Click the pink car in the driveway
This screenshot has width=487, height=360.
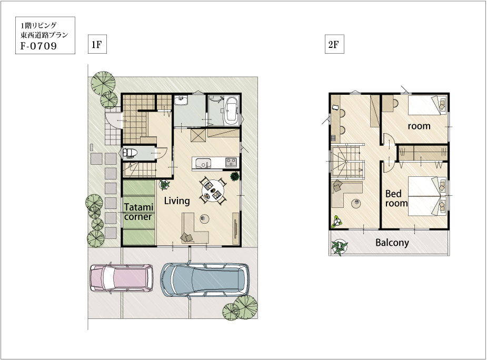122,278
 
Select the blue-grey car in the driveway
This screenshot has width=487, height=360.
205,279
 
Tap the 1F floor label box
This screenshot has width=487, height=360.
97,44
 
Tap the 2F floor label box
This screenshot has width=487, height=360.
334,44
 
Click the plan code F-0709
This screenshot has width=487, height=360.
39,46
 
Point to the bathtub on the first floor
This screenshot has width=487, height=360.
231,111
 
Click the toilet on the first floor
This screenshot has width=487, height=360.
129,153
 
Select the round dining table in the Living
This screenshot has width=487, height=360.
213,191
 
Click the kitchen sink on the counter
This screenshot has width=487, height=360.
203,163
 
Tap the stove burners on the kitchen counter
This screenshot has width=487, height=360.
231,162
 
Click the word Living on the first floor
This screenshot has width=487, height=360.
177,201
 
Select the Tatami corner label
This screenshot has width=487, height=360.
138,212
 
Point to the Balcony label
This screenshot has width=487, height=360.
392,243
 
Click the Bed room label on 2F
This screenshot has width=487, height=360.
396,198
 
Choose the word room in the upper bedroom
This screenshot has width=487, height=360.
419,126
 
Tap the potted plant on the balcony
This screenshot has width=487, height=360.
339,247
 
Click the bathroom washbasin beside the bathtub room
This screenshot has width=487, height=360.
180,100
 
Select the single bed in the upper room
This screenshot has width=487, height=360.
428,105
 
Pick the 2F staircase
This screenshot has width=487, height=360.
347,162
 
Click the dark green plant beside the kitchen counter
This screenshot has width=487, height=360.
235,176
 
